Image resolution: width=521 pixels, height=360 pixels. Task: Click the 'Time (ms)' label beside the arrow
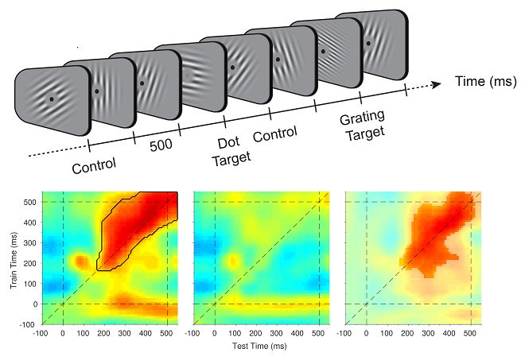click(x=485, y=81)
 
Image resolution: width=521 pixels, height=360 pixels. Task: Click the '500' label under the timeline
click(x=161, y=145)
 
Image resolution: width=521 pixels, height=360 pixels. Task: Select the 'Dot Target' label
click(x=231, y=152)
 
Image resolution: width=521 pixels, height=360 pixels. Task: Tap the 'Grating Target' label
click(x=363, y=126)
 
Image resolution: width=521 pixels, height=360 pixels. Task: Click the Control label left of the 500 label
click(x=94, y=165)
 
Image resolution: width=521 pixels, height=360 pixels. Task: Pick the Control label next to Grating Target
click(x=274, y=134)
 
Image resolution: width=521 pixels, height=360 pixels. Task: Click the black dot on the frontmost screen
click(x=52, y=99)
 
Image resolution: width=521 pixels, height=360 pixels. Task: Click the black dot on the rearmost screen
click(x=368, y=43)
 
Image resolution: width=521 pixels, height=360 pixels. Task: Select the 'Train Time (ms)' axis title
click(x=14, y=260)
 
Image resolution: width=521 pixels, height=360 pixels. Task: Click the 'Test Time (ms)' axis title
click(x=259, y=346)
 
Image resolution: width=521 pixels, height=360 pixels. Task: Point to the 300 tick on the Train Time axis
click(x=30, y=242)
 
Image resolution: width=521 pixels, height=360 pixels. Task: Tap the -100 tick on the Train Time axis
click(x=29, y=324)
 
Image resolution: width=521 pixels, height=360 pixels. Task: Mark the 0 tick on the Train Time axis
click(x=34, y=304)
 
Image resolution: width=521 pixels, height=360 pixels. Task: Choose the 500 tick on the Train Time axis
click(x=30, y=202)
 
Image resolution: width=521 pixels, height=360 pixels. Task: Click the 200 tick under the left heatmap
click(x=103, y=333)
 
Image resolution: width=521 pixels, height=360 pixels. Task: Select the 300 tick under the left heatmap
click(x=124, y=333)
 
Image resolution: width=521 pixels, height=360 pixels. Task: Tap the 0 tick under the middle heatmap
click(x=215, y=333)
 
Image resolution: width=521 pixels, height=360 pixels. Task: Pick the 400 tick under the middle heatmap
click(x=297, y=333)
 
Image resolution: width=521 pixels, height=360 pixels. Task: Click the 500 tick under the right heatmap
click(x=469, y=333)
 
